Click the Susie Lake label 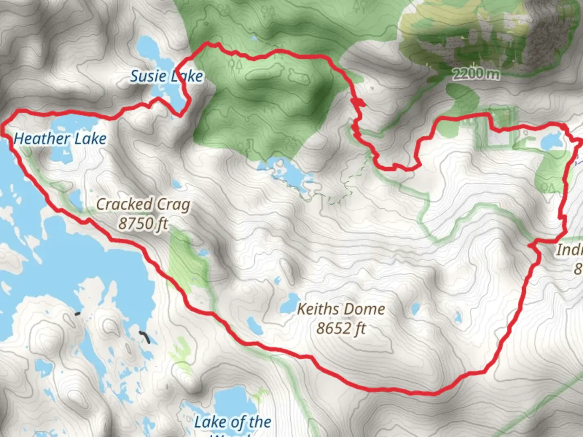[x=166, y=76]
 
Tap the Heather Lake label [x=60, y=139]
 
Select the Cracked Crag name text [x=143, y=204]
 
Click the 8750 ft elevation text [x=143, y=223]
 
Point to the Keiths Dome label [x=341, y=310]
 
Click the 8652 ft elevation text [x=341, y=328]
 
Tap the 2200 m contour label [x=476, y=74]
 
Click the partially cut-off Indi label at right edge [x=570, y=250]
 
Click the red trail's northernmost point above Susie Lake [x=209, y=43]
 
